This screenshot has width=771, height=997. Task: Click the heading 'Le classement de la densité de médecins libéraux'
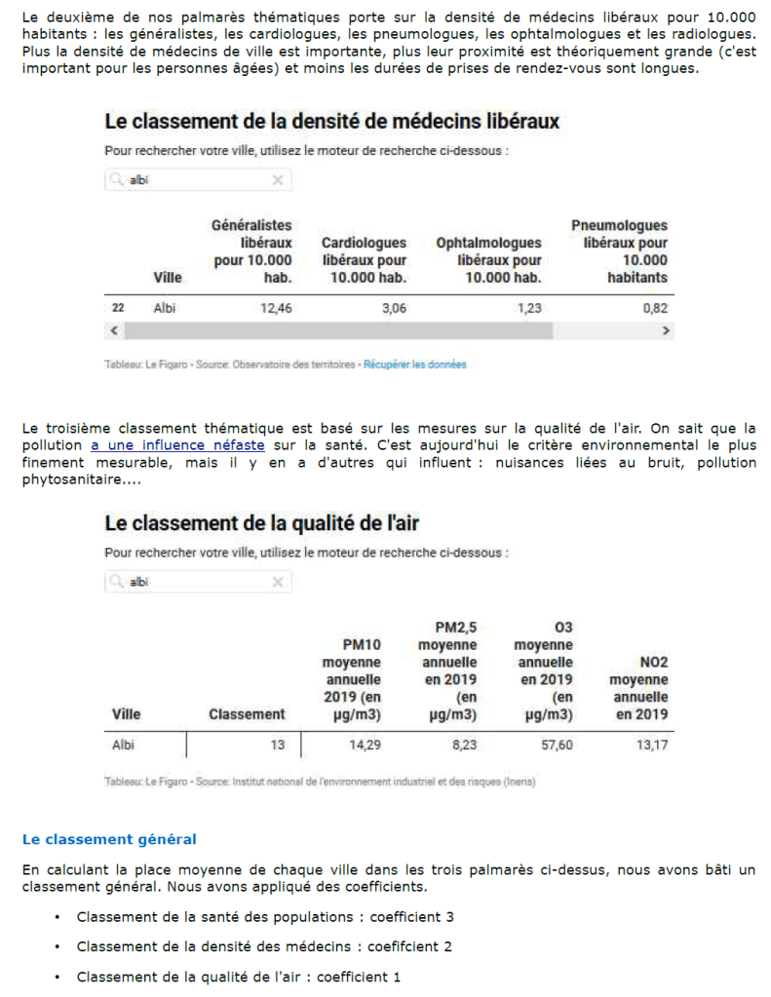pyautogui.click(x=331, y=122)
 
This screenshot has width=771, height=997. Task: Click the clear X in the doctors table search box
pyautogui.click(x=277, y=180)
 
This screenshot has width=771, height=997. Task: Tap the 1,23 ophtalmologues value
pyautogui.click(x=527, y=308)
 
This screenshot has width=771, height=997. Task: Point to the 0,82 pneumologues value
pyautogui.click(x=655, y=308)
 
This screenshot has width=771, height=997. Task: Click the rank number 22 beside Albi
pyautogui.click(x=118, y=308)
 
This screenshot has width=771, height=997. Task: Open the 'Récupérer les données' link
pyautogui.click(x=414, y=364)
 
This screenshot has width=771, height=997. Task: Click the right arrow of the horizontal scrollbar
pyautogui.click(x=667, y=331)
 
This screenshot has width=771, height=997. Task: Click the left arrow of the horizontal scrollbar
pyautogui.click(x=113, y=331)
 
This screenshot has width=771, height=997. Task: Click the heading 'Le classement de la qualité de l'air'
pyautogui.click(x=261, y=523)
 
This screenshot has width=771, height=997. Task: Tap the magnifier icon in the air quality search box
pyautogui.click(x=117, y=582)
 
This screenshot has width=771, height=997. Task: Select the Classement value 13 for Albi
pyautogui.click(x=278, y=746)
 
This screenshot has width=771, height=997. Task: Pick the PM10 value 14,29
pyautogui.click(x=365, y=746)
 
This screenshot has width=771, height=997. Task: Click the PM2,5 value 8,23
pyautogui.click(x=461, y=746)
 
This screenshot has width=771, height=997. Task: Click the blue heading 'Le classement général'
pyautogui.click(x=109, y=839)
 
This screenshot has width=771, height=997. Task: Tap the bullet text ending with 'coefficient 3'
pyautogui.click(x=265, y=917)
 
